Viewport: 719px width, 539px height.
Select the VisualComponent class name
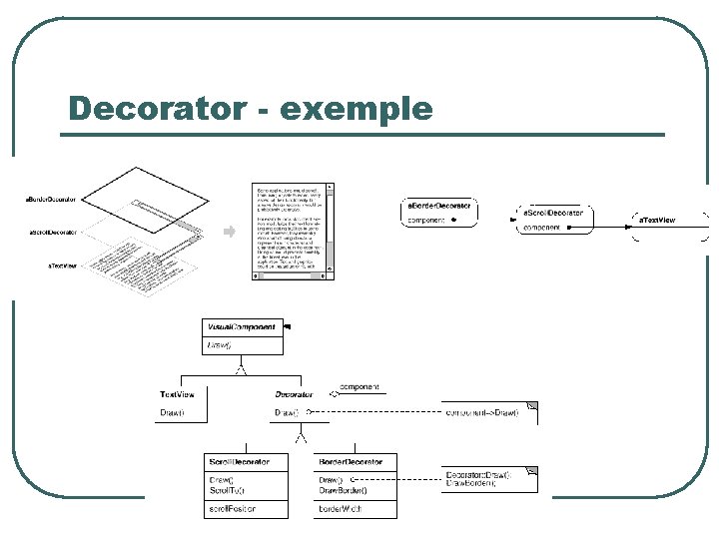pos(241,327)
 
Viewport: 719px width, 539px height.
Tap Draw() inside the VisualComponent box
pos(219,345)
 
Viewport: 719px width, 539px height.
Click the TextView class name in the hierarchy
pos(177,394)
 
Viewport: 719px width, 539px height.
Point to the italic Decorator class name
pos(294,394)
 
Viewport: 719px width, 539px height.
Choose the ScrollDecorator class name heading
pos(239,462)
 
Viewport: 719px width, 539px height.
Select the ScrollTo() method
pos(227,490)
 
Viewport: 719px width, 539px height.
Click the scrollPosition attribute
pos(233,509)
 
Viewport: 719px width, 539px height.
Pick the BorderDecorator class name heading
pos(350,462)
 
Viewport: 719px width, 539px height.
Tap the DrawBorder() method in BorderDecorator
pos(343,490)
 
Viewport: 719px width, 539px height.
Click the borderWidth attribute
pos(341,509)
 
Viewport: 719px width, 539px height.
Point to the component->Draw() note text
pos(481,412)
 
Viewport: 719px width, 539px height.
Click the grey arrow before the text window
pos(228,232)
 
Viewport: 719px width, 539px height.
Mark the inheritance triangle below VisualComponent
pos(240,369)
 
